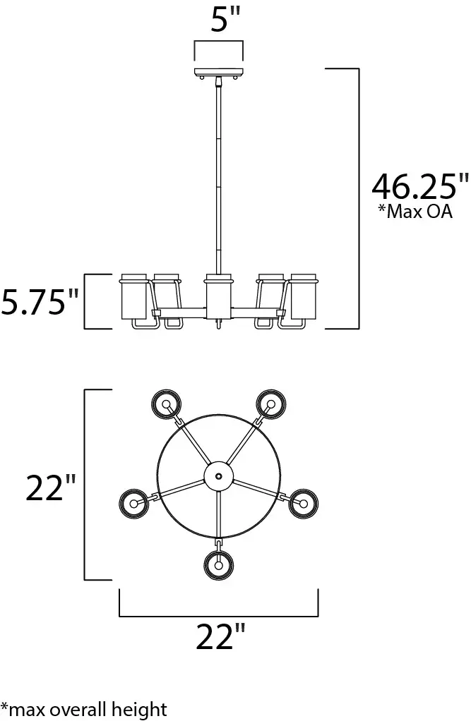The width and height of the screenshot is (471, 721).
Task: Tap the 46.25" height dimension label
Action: (x=421, y=186)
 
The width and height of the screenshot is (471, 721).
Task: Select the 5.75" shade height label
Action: (x=40, y=302)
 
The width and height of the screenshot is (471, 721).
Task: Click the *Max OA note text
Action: (x=415, y=212)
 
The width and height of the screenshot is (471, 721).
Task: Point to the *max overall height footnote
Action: (x=84, y=710)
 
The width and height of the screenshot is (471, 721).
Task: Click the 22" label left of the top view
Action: (x=50, y=487)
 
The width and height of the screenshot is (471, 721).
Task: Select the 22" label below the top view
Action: (x=220, y=637)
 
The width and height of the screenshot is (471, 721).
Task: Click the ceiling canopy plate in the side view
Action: (x=219, y=72)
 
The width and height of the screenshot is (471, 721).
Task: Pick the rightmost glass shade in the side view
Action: (x=304, y=296)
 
